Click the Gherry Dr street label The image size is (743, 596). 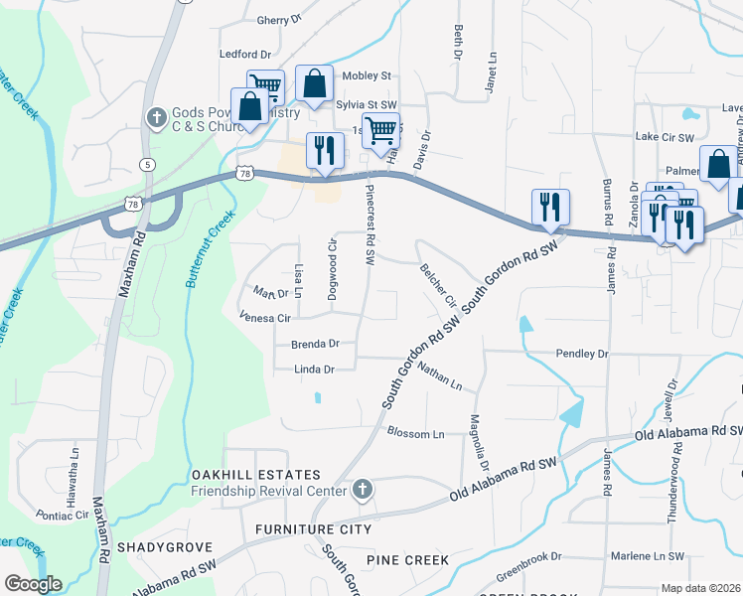coord(278,20)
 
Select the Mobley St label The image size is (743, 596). coord(367,75)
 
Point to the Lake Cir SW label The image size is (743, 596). coord(665,136)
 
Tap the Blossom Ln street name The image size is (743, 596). coord(415,433)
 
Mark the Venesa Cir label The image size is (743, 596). coord(264,319)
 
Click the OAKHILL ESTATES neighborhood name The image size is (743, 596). coord(256,475)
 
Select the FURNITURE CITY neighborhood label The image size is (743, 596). coord(313,529)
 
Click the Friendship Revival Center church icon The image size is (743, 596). coord(364,490)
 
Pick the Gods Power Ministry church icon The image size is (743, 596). coord(155,118)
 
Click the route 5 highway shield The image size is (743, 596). coord(147,164)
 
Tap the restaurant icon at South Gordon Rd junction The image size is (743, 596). coord(550,207)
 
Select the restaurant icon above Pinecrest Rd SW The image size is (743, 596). coord(325,151)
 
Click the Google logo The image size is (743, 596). coord(32,583)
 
